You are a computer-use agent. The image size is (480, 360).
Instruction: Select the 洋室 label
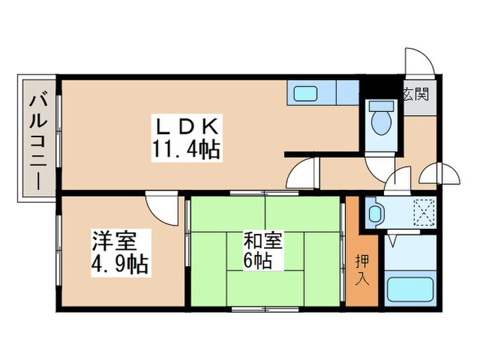click(115, 241)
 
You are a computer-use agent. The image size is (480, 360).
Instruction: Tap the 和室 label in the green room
click(262, 241)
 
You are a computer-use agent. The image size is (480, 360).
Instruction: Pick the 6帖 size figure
click(259, 261)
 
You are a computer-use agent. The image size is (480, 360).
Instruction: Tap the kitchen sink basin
click(302, 93)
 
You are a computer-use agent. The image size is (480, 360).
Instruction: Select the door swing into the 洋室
click(159, 208)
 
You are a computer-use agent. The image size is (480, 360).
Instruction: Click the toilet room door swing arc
click(379, 166)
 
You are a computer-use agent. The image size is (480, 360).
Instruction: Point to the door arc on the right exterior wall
click(437, 175)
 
